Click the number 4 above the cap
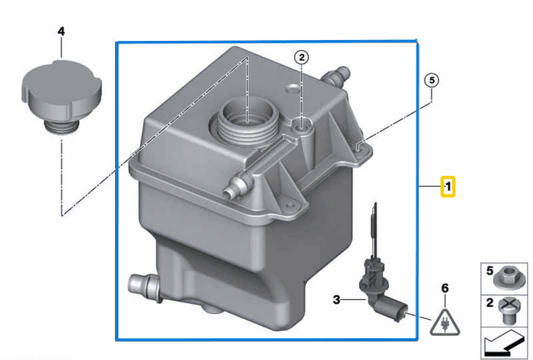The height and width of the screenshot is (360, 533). tap(60, 32)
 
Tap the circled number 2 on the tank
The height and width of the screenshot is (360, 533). tap(301, 57)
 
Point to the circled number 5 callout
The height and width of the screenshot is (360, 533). tap(431, 80)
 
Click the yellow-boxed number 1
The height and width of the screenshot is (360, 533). tap(448, 186)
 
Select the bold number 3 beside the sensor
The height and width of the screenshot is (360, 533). tap(337, 299)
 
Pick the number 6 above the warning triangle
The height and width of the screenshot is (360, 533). tap(445, 288)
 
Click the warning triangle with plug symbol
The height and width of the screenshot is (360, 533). tap(444, 316)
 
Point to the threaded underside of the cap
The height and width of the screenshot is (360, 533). tap(61, 127)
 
